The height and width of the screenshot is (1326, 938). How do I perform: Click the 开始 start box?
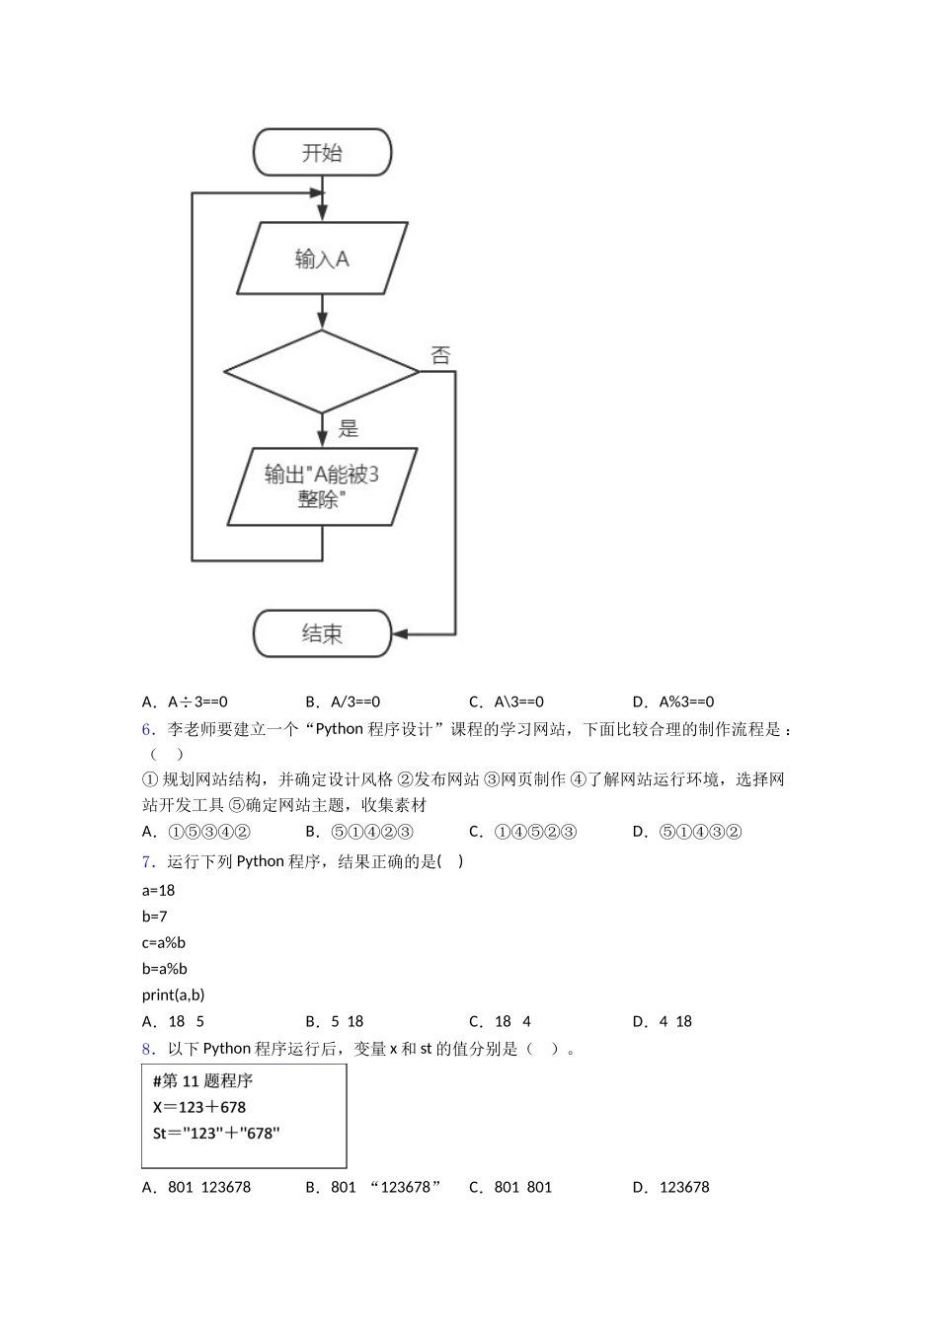click(x=322, y=153)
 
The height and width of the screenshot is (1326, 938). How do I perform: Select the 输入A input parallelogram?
click(x=322, y=258)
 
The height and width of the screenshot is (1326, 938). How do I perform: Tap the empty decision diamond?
click(x=322, y=372)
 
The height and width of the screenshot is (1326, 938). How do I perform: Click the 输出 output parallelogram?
click(x=322, y=486)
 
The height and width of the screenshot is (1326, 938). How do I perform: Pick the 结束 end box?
click(x=322, y=633)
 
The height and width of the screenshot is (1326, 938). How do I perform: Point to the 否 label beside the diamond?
click(x=440, y=355)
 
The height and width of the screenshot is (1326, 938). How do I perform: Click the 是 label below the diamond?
click(x=349, y=428)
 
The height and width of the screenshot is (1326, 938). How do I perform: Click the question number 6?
click(x=149, y=729)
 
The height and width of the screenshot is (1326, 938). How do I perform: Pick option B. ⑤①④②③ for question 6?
click(x=359, y=832)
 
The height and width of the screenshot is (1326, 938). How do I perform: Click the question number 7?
click(x=149, y=861)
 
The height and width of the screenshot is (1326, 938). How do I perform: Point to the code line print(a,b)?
click(x=174, y=994)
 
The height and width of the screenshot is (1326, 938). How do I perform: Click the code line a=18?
click(x=159, y=890)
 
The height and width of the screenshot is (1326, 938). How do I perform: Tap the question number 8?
click(x=149, y=1049)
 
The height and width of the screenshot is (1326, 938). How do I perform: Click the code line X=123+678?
click(x=199, y=1107)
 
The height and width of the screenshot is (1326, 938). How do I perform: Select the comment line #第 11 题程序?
click(x=203, y=1081)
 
